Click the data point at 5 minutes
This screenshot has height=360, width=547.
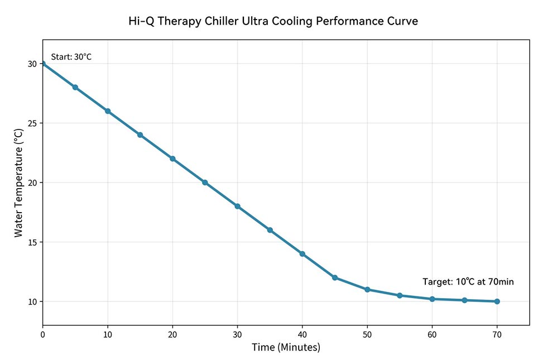(75, 87)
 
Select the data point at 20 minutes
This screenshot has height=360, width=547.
(172, 159)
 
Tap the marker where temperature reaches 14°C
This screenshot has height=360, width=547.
(303, 254)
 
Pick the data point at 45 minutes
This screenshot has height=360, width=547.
(335, 277)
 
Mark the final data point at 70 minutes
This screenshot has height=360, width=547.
(497, 301)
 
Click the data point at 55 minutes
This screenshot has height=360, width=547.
(400, 295)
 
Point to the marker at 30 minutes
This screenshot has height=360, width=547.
(237, 207)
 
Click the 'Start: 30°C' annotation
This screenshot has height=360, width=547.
(71, 57)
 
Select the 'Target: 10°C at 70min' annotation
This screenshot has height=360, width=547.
(468, 282)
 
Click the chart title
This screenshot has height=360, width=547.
(273, 21)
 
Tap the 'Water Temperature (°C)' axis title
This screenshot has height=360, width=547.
(19, 183)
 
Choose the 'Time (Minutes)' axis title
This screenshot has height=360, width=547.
(286, 347)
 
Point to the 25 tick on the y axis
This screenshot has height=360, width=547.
(32, 123)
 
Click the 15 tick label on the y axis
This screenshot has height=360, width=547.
(32, 242)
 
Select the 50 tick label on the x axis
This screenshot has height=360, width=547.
(367, 334)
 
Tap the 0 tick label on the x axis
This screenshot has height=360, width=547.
(42, 334)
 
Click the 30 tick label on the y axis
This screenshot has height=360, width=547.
(32, 64)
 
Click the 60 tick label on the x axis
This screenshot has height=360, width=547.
(432, 334)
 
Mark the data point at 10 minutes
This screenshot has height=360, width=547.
(108, 111)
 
